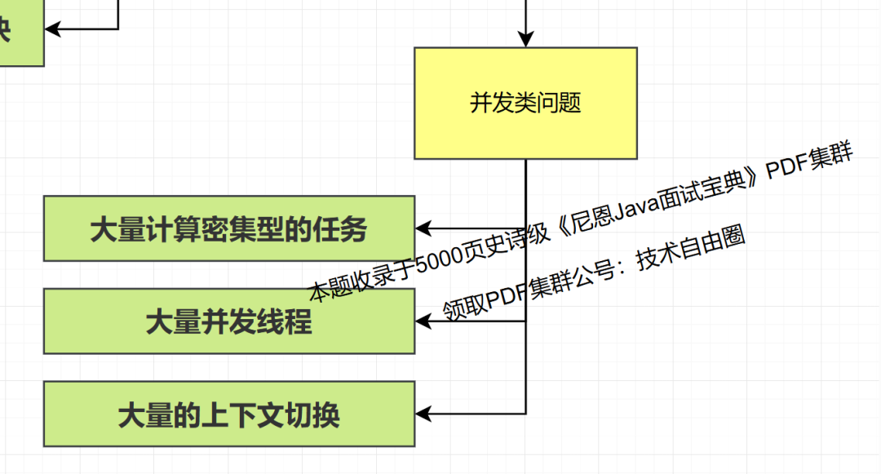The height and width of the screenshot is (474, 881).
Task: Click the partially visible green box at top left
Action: click(x=20, y=33)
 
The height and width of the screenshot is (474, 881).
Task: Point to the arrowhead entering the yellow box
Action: click(x=525, y=38)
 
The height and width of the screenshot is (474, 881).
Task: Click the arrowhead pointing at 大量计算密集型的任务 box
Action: click(x=425, y=228)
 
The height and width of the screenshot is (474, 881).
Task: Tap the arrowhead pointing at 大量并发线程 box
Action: click(x=425, y=321)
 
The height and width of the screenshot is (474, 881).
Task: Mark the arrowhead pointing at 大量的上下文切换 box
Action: click(x=425, y=414)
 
